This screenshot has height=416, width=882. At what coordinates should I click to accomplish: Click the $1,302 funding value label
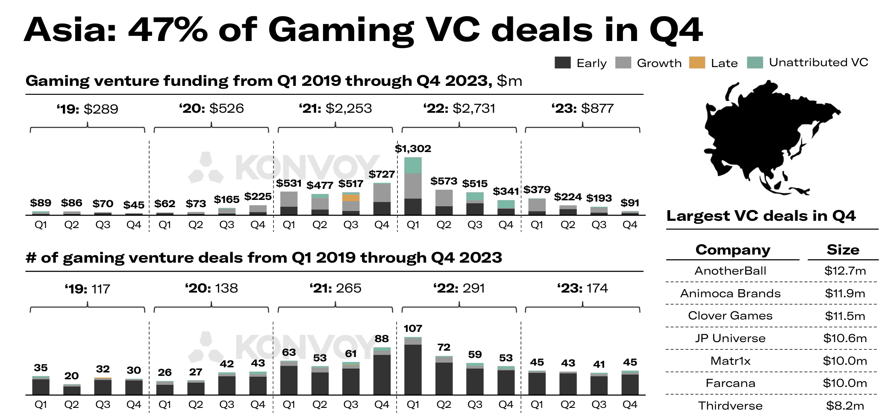413,149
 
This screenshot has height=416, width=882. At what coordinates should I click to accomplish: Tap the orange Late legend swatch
697,63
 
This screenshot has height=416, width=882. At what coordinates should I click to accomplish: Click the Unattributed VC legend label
818,62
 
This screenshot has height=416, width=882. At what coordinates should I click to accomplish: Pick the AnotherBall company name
730,271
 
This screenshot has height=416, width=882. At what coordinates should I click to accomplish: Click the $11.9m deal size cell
845,293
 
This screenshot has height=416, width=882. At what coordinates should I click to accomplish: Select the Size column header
843,250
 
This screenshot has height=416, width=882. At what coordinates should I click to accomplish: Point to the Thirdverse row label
730,406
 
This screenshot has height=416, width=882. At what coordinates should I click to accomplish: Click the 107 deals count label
413,328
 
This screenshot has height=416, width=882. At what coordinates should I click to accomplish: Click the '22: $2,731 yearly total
459,108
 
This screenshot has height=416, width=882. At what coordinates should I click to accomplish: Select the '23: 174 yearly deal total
582,288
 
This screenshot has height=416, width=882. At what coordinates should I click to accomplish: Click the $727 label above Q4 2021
382,174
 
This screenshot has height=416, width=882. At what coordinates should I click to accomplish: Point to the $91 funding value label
630,203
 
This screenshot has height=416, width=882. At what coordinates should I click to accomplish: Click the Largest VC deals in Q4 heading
761,216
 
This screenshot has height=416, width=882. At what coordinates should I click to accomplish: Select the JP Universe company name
730,338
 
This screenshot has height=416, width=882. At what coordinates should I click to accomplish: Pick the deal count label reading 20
71,376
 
